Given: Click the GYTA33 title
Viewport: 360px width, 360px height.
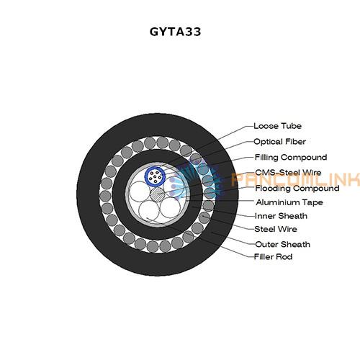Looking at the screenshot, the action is (x=175, y=32).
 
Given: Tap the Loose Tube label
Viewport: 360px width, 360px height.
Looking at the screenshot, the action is (x=277, y=126).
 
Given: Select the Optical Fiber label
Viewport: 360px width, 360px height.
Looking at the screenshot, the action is (x=279, y=142).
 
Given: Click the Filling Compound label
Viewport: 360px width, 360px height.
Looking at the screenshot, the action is (x=291, y=158).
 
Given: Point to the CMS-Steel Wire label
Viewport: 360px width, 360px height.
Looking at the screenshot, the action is (x=288, y=173).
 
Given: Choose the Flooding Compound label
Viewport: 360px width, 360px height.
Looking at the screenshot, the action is (x=297, y=188).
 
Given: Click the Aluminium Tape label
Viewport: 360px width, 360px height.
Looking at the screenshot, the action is (x=289, y=202).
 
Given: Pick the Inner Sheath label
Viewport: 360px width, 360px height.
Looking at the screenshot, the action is (x=281, y=216).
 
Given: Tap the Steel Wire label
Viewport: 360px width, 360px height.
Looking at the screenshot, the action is (x=276, y=229).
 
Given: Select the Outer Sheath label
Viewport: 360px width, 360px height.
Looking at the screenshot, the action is (x=282, y=244).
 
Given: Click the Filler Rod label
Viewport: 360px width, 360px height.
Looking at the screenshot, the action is (x=273, y=257).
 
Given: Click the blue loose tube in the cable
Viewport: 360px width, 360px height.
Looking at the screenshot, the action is (x=155, y=176).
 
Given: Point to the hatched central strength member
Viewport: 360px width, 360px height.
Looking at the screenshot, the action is (x=158, y=194).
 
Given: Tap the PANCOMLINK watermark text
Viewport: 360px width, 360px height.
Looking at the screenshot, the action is (x=295, y=179).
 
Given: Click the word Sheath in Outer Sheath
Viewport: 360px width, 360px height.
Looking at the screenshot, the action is (x=294, y=244).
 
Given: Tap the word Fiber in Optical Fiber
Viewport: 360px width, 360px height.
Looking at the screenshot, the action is (x=294, y=142).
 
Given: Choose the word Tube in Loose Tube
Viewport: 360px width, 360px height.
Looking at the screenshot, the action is (x=291, y=126).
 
